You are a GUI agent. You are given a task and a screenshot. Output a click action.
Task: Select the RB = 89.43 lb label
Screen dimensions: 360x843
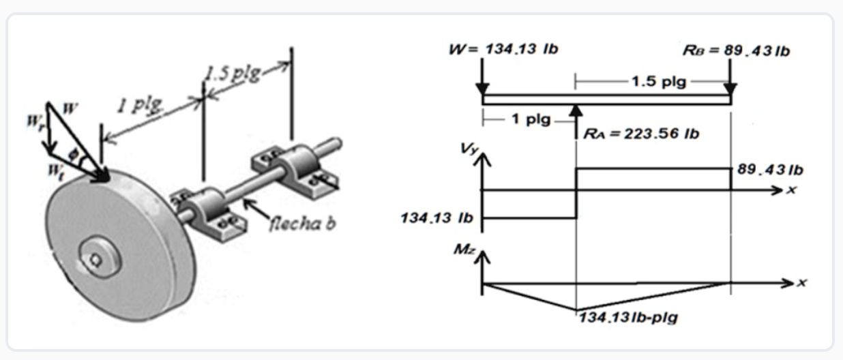pos(736,50)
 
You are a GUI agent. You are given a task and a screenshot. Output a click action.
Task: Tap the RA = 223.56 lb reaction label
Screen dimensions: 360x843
pos(641,134)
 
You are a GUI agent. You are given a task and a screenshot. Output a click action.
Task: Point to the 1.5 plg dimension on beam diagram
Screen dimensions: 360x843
pos(653,82)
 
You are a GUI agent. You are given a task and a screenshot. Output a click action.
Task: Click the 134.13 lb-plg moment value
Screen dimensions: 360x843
pos(628,318)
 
